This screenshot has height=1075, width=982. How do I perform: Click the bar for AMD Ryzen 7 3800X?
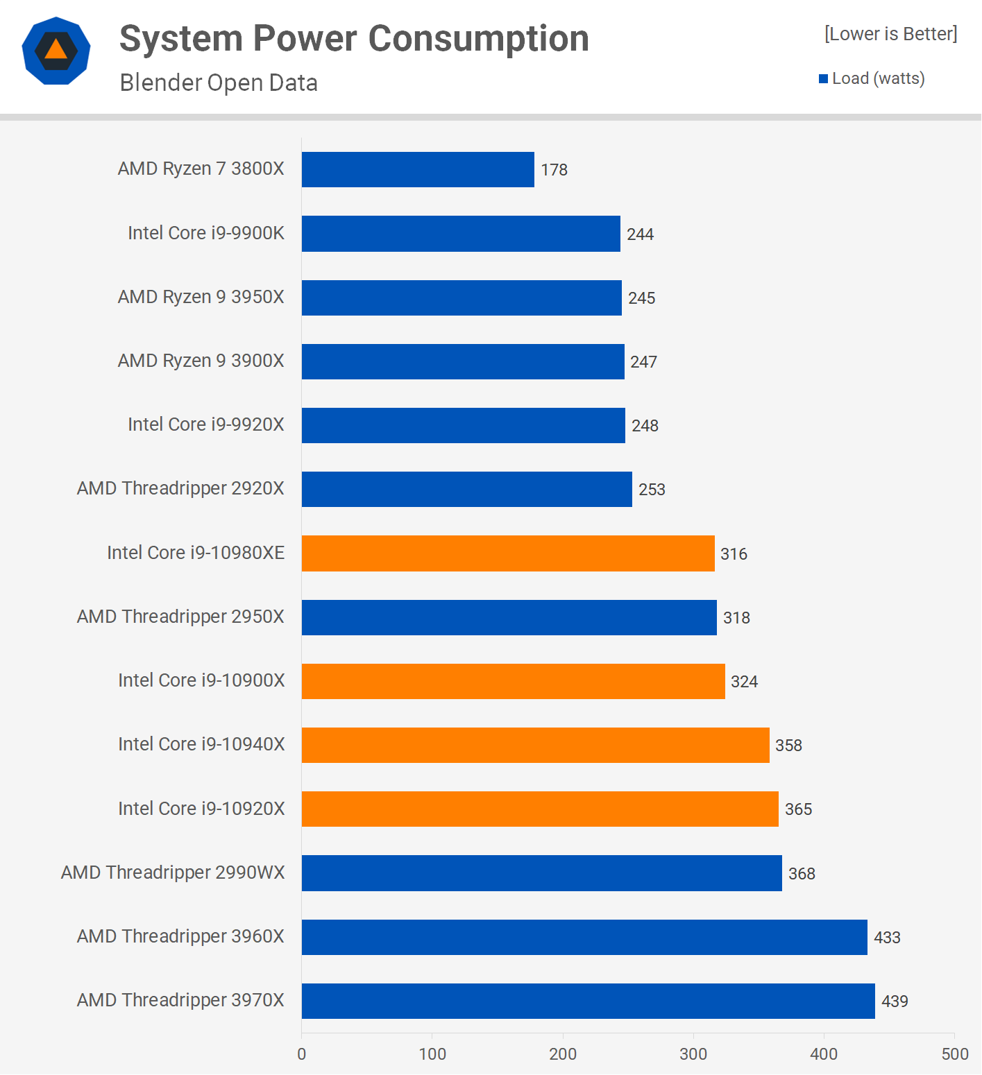tap(418, 169)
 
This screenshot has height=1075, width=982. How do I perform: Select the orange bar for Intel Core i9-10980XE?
tap(508, 553)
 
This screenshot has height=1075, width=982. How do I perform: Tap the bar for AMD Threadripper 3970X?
tap(588, 1001)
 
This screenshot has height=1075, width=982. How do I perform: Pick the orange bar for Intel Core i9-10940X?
tap(535, 745)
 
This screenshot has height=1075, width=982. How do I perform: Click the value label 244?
tap(640, 234)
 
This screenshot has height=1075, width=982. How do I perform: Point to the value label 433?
tap(887, 938)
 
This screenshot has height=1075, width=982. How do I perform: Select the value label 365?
tap(798, 809)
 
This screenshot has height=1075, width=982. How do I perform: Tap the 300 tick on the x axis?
tap(693, 1054)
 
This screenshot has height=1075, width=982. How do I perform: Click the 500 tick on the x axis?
tap(955, 1054)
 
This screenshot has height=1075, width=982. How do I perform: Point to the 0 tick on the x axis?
tap(302, 1054)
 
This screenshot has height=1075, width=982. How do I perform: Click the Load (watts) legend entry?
tap(872, 78)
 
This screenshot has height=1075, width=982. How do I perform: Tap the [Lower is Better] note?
tap(890, 34)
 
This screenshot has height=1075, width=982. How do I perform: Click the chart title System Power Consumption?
tap(354, 38)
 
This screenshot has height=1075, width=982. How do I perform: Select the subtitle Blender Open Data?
tap(219, 83)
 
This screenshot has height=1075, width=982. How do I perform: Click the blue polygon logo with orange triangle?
tap(56, 51)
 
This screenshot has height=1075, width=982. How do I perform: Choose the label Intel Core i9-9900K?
tap(206, 233)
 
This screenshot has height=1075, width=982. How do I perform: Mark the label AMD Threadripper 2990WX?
tap(173, 872)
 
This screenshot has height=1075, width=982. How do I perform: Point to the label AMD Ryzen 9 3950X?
tap(201, 297)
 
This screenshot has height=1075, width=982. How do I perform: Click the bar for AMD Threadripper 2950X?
tap(509, 617)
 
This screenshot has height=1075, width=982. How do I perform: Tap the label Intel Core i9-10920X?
tap(201, 809)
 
